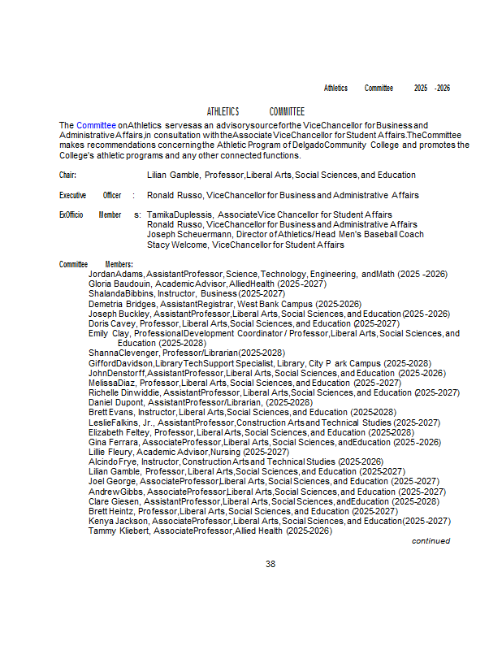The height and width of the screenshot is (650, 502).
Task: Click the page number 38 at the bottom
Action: coord(270,564)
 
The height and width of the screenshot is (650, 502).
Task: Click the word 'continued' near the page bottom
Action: coord(431,540)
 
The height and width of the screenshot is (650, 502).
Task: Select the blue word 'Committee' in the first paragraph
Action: coord(96,124)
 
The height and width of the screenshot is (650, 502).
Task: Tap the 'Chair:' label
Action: coord(67,175)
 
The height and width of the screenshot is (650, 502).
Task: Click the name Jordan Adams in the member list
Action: coord(115,274)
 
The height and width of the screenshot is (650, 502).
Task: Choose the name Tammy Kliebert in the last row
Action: coord(119,531)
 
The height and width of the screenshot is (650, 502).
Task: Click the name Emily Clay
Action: coord(109,333)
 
